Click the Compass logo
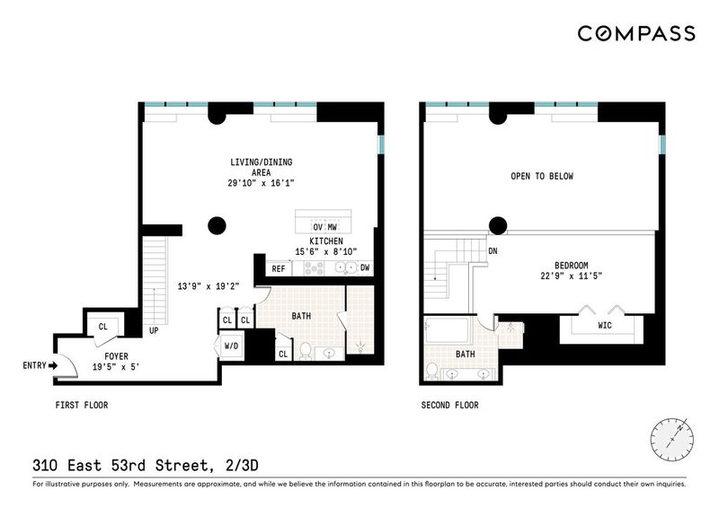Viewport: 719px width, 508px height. pos(636,33)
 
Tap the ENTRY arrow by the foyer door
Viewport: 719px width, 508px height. pos(53,365)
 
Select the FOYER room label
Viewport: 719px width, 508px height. pos(117,356)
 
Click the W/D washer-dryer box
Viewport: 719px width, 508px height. pos(232,346)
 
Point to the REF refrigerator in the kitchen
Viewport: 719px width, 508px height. pos(279,269)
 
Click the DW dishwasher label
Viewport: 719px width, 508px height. pos(365,267)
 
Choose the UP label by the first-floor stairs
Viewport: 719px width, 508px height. pos(154,330)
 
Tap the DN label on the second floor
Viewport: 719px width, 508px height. pos(493,251)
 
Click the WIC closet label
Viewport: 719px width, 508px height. pos(605,325)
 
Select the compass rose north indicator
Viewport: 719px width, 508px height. pos(671,439)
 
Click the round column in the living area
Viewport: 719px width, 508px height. pos(217,226)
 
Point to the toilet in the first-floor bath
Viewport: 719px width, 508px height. pos(305,351)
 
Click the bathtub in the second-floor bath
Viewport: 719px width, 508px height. pos(447,330)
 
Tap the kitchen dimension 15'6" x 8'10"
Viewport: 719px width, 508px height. pos(326,251)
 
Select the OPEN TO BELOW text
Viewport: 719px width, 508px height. pos(542,176)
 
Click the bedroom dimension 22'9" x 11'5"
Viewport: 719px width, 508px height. pos(572,276)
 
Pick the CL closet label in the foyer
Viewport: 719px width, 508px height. pos(103,327)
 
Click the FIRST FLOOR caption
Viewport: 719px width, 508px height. pos(82,405)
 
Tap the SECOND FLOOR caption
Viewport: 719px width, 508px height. pos(450,405)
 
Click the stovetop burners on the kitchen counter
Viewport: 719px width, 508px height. pos(314,268)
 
